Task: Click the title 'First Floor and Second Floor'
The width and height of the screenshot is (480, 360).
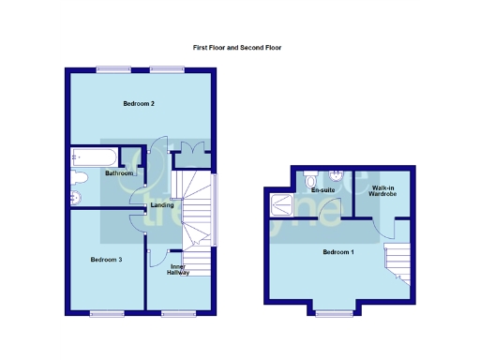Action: [237, 47]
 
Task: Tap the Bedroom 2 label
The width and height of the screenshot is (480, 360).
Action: [139, 103]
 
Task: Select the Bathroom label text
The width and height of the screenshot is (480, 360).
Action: [119, 173]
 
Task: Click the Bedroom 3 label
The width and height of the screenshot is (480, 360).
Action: [106, 259]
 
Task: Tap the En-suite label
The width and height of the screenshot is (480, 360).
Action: [322, 190]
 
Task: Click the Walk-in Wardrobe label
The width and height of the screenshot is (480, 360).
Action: [383, 190]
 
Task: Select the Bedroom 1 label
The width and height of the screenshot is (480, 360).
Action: [337, 252]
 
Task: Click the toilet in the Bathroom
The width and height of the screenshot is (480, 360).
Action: [80, 177]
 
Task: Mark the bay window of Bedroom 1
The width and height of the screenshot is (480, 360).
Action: [334, 312]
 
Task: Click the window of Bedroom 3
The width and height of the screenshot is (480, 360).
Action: [106, 312]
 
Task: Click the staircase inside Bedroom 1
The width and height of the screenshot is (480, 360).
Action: [397, 261]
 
